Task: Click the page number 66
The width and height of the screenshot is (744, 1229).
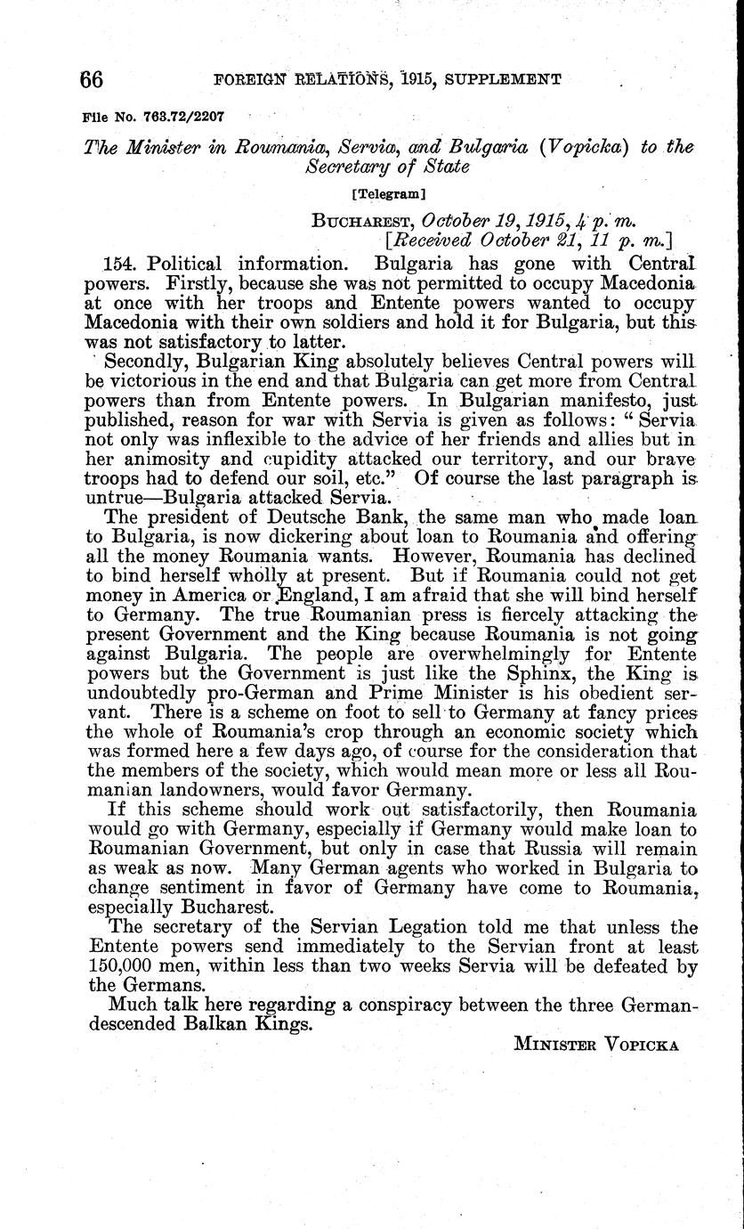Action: pos(92,78)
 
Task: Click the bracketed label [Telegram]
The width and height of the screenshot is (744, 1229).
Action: pos(389,192)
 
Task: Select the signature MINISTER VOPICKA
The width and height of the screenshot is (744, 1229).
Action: pos(596,1045)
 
